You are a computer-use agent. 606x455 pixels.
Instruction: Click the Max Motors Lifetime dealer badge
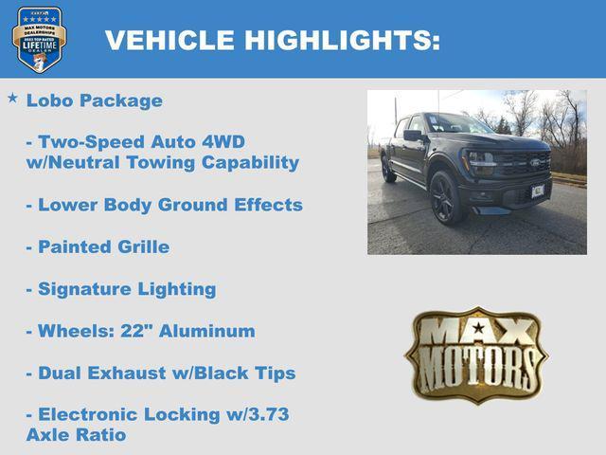(x=39, y=39)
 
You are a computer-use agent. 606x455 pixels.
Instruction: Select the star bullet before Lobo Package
(x=12, y=98)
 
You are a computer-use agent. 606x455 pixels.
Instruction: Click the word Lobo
(x=47, y=100)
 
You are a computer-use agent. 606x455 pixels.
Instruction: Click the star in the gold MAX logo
(x=478, y=329)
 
